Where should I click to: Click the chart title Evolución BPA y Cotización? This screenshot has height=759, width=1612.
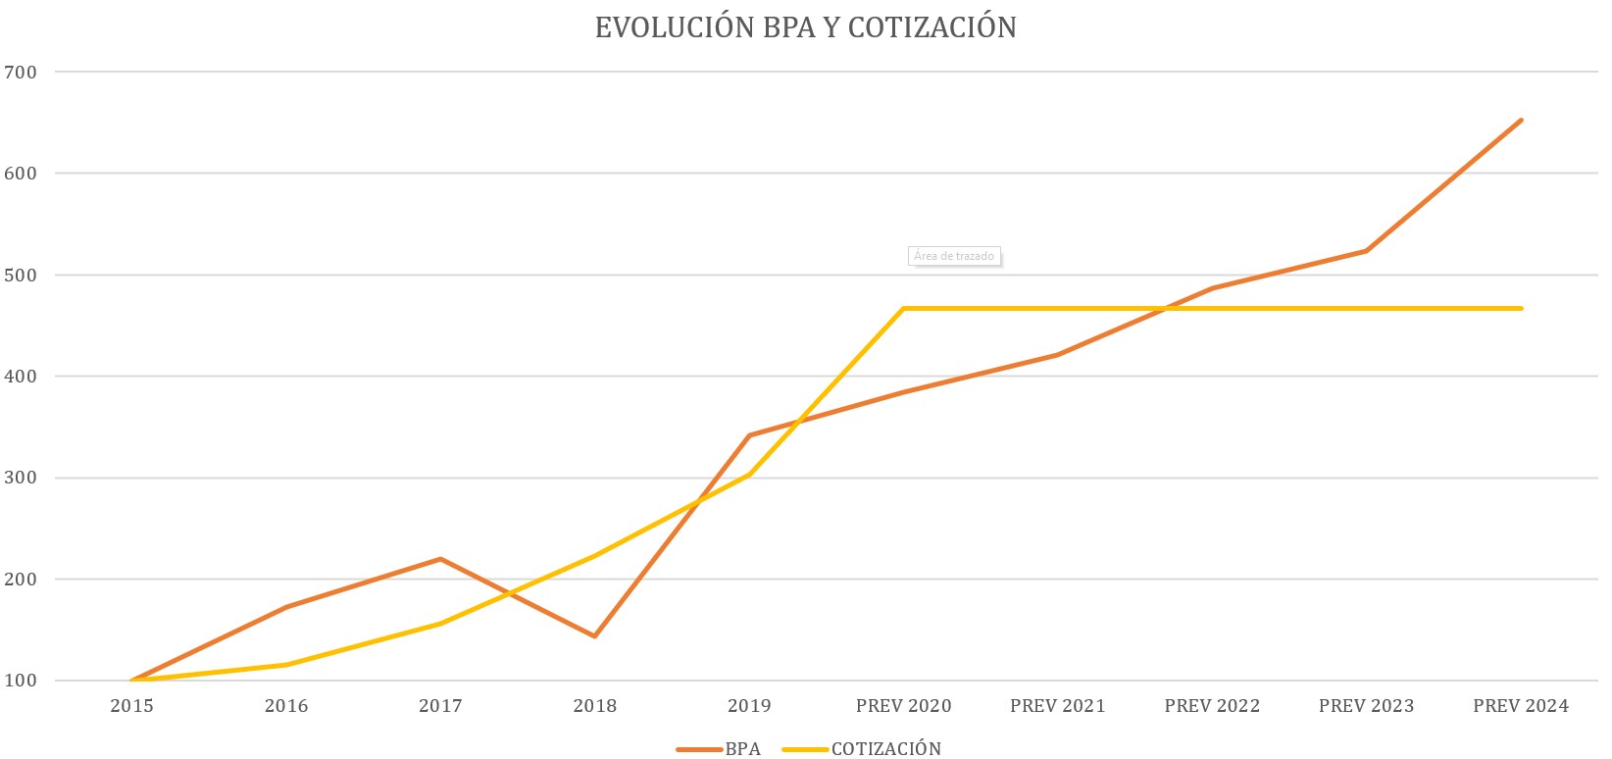pyautogui.click(x=805, y=27)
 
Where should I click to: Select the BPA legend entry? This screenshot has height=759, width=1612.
pyautogui.click(x=742, y=749)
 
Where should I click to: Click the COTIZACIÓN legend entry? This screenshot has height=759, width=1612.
pyautogui.click(x=885, y=749)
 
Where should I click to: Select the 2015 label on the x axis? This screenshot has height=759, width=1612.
pyautogui.click(x=131, y=706)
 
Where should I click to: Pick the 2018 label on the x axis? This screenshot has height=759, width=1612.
pyautogui.click(x=594, y=706)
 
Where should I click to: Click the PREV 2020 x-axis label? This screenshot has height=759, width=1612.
pyautogui.click(x=903, y=706)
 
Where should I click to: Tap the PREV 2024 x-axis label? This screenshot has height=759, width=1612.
pyautogui.click(x=1520, y=706)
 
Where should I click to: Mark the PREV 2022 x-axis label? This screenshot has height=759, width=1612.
pyautogui.click(x=1212, y=706)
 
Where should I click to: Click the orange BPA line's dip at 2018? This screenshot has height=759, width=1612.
pyautogui.click(x=594, y=636)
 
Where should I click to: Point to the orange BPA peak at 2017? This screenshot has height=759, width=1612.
pyautogui.click(x=440, y=559)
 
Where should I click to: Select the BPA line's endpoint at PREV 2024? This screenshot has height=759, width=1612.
pyautogui.click(x=1521, y=121)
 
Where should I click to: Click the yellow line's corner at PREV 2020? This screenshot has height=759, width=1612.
pyautogui.click(x=903, y=309)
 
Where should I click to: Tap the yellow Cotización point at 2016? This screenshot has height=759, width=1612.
pyautogui.click(x=286, y=665)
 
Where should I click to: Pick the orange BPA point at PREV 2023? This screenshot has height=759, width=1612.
pyautogui.click(x=1366, y=251)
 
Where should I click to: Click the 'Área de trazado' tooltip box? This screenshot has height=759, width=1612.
pyautogui.click(x=954, y=256)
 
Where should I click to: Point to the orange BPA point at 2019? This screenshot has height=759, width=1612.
pyautogui.click(x=749, y=435)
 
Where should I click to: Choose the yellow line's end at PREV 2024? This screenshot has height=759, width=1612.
pyautogui.click(x=1521, y=309)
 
